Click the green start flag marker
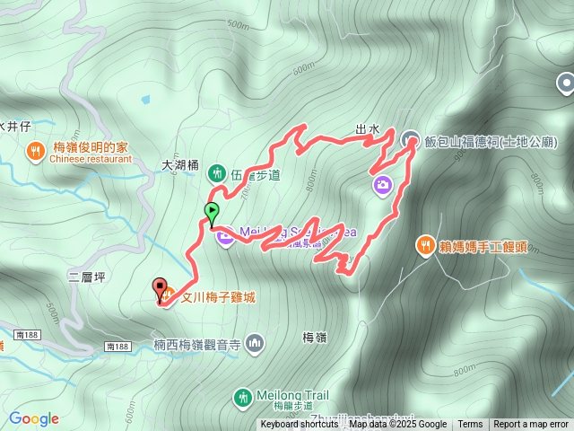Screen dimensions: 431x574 tap(212, 214)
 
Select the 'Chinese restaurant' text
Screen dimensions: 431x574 tap(91, 159)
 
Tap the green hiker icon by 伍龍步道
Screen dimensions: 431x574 tap(216, 172)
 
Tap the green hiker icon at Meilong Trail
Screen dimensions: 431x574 tap(242, 396)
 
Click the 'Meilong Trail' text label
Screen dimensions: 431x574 tap(292, 394)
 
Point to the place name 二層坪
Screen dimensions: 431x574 tap(86, 277)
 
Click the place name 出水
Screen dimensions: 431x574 tap(368, 129)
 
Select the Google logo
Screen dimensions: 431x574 tap(34, 418)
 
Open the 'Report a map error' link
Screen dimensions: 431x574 tap(531, 425)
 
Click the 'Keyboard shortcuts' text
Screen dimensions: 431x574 tap(300, 425)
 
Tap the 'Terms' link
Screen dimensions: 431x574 tap(470, 425)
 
